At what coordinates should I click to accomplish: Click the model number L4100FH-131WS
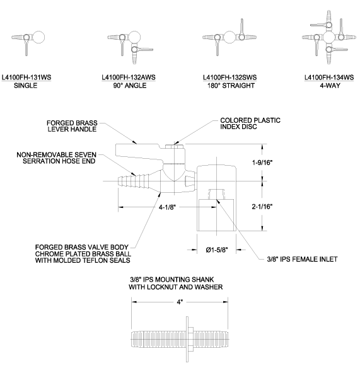coord(26,78)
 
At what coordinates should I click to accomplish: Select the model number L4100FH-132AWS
coord(129,78)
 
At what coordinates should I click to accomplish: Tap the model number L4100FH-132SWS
coord(229,78)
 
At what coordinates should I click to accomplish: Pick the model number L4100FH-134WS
coord(329,78)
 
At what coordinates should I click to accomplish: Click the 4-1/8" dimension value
coord(167,207)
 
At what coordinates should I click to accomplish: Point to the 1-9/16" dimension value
coord(262,163)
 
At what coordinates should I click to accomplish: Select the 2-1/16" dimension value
coord(262,207)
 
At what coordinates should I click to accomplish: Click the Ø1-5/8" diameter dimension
coord(217,250)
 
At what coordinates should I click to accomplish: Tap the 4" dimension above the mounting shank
coord(180,302)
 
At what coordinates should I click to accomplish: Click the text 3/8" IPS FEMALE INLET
coord(302,259)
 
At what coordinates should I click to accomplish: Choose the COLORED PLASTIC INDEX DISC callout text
coord(250,124)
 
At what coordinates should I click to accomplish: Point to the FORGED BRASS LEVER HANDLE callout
coord(72,126)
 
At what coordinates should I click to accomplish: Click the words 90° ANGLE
coord(130,86)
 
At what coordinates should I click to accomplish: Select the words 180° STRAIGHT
coord(231,86)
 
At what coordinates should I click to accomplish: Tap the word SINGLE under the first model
coord(26,86)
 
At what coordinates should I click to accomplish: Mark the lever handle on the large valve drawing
coord(139,152)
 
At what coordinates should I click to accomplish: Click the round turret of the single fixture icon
coord(38,37)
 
